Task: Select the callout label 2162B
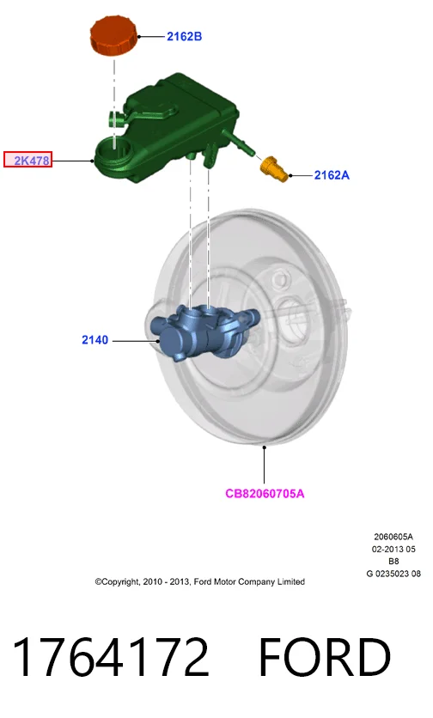tap(184, 36)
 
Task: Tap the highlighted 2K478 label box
tap(28, 160)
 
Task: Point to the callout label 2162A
tap(332, 175)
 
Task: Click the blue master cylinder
tap(203, 332)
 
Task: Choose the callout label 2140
tap(95, 340)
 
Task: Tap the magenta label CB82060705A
tap(265, 493)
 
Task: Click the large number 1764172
tap(111, 657)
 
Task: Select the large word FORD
tap(325, 657)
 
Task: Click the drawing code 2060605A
tap(393, 537)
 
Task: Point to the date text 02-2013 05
tap(393, 549)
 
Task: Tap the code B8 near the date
tap(393, 561)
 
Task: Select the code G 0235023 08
tap(393, 574)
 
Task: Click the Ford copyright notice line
tap(200, 581)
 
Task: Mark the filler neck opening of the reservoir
tap(113, 149)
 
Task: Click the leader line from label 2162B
tap(151, 36)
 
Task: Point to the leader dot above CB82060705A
tap(265, 447)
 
